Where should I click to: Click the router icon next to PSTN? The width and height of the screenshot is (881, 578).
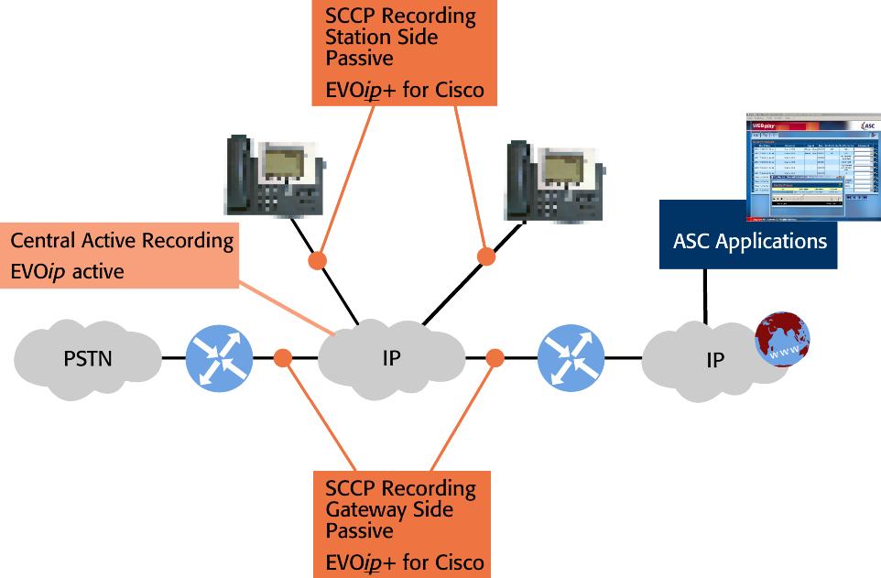(x=219, y=357)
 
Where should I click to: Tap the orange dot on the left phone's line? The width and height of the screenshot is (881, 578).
(x=317, y=261)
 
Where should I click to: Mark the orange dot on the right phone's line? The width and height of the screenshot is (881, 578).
(x=486, y=256)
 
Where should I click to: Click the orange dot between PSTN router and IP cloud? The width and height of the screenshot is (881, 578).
(x=283, y=357)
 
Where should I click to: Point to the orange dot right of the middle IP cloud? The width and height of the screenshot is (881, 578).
(x=495, y=357)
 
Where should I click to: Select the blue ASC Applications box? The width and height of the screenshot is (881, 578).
(x=748, y=243)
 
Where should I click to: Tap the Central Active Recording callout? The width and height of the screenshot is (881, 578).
(x=122, y=256)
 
